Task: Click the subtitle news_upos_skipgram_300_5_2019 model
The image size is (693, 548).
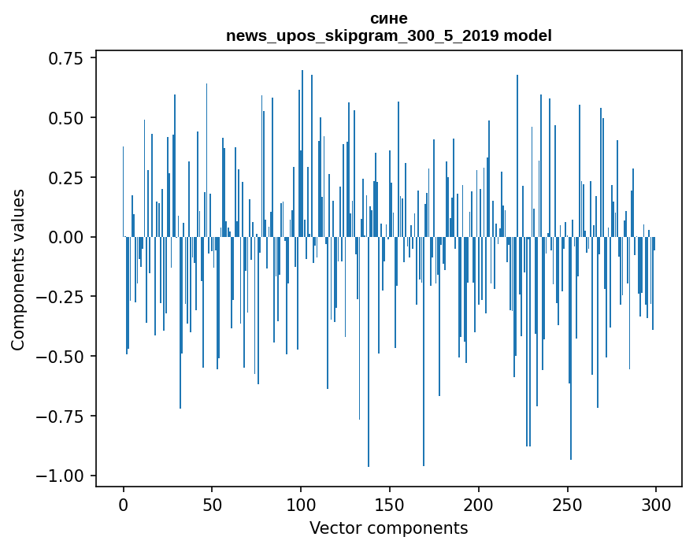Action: (x=388, y=36)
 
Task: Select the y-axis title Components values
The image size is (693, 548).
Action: (x=18, y=269)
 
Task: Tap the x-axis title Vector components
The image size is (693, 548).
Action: (x=388, y=528)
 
